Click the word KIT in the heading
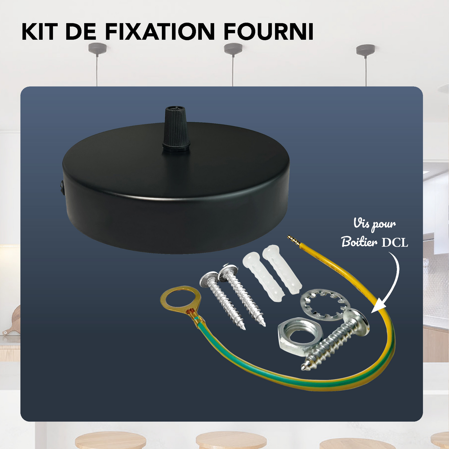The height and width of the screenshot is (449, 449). (40, 32)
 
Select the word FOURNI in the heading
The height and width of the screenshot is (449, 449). (268, 32)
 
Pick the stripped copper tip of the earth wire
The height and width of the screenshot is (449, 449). (293, 240)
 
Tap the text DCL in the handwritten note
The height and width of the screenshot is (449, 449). (395, 242)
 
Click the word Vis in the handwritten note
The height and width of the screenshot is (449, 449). (361, 223)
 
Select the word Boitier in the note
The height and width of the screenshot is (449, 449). (359, 242)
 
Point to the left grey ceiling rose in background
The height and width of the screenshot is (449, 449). (97, 48)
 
